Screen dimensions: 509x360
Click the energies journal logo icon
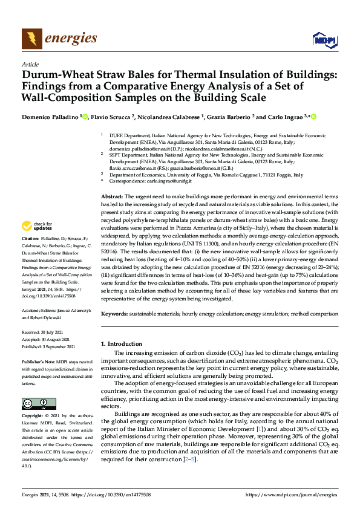(x=31, y=39)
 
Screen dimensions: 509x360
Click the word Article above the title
(x=30, y=64)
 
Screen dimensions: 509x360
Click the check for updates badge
(x=36, y=225)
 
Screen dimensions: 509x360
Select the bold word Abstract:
(x=112, y=197)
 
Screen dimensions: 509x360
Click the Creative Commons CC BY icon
(x=39, y=403)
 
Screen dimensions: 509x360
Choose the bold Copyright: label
(x=34, y=417)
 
